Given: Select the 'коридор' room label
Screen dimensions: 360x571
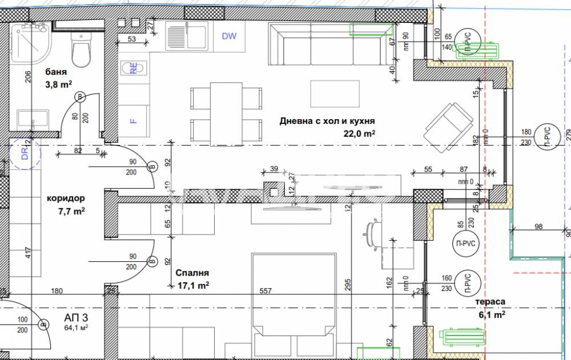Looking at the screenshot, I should tap(66, 199).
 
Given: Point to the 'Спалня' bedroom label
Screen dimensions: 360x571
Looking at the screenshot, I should tap(192, 273).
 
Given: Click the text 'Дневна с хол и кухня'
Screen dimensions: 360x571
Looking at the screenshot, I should tap(327, 120).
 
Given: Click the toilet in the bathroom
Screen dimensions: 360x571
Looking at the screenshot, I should tap(80, 49).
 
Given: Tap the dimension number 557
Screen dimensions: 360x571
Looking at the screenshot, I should tap(266, 291).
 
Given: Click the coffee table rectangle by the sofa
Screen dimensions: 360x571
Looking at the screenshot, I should tap(335, 94).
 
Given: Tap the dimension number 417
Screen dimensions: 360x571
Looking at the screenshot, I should tap(27, 253).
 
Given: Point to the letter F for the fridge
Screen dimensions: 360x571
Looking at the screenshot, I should tap(133, 121).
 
